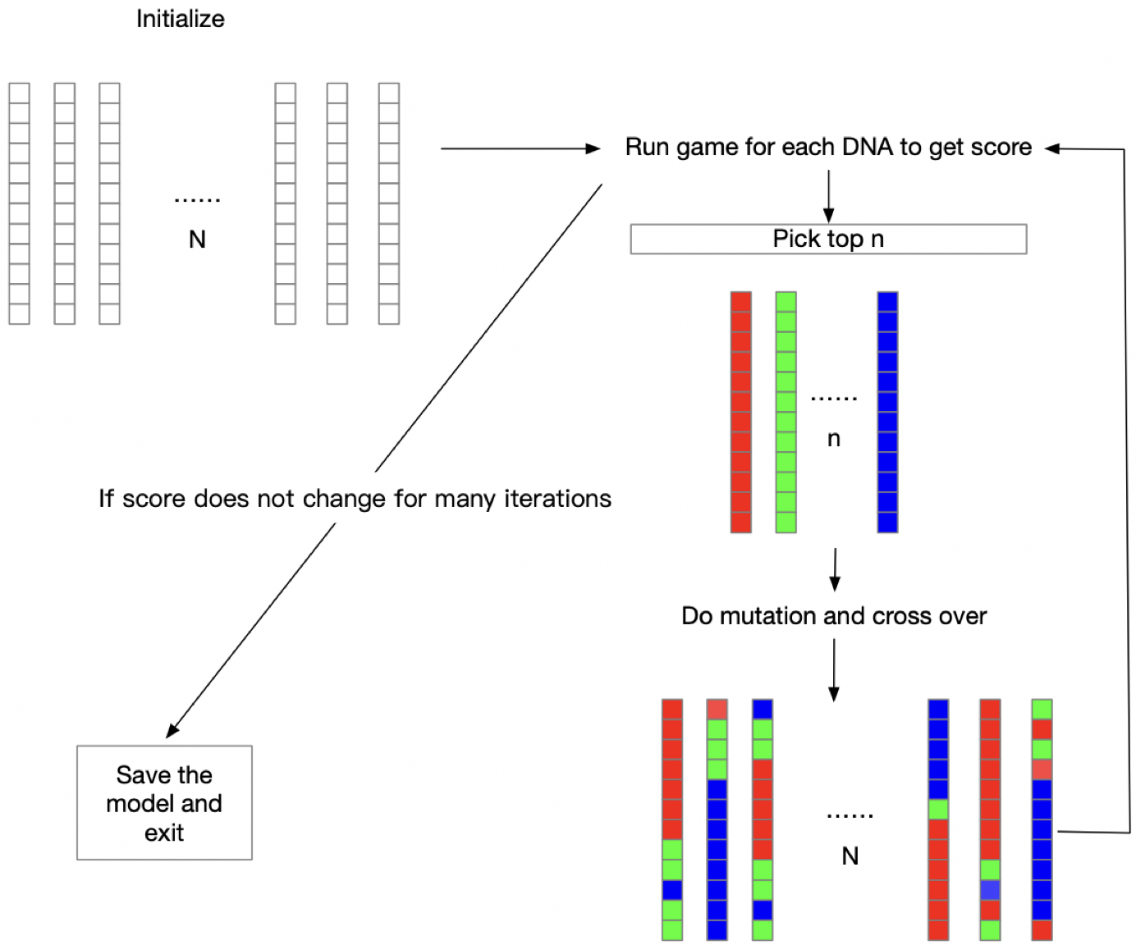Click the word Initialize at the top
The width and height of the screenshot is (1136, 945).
[x=180, y=19]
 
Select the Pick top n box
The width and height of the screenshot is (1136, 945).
[x=828, y=239]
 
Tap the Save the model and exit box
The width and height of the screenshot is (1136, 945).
[x=164, y=802]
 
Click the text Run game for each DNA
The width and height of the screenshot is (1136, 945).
[x=759, y=147]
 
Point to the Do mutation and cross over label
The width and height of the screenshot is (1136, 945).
[x=833, y=615]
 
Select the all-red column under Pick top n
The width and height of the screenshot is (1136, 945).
[x=741, y=412]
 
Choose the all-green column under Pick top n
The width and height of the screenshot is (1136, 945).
[x=786, y=412]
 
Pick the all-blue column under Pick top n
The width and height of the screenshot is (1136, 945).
[x=888, y=412]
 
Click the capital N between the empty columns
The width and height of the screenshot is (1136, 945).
[x=198, y=240]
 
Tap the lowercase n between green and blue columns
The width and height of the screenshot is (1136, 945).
[x=834, y=439]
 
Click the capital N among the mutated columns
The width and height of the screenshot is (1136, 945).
[x=850, y=856]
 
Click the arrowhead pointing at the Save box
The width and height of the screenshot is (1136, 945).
[x=171, y=732]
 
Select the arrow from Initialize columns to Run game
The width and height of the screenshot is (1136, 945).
[x=520, y=148]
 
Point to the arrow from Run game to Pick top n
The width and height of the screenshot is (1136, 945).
[x=828, y=196]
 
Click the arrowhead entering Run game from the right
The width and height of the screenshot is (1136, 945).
[x=1051, y=148]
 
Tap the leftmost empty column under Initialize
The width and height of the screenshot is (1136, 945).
[x=19, y=203]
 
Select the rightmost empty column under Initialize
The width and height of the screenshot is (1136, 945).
[x=389, y=203]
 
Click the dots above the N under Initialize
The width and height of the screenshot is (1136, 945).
[x=197, y=200]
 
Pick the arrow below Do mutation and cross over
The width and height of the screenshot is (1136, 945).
[x=833, y=670]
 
